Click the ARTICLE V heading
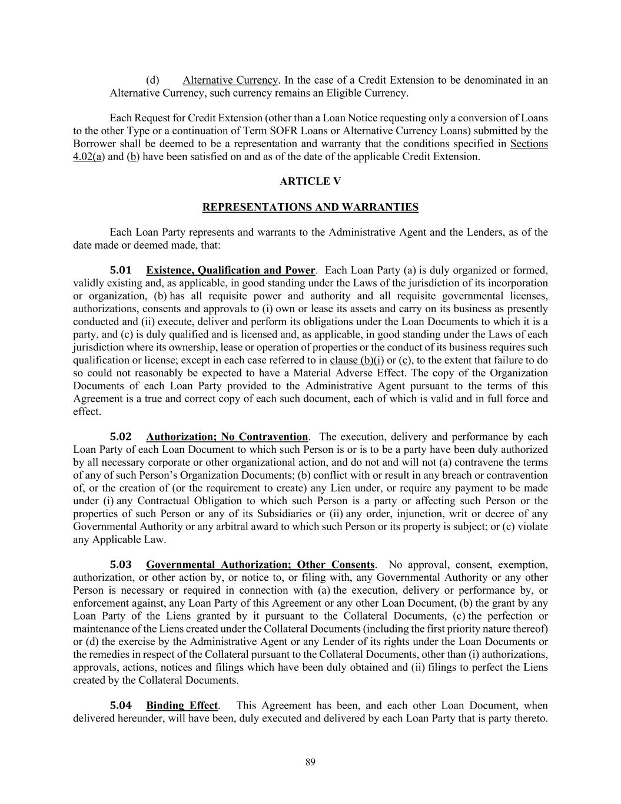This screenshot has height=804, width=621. coord(310,181)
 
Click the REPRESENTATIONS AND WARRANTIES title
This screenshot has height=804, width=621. coord(310,207)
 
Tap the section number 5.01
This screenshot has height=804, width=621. coord(121,270)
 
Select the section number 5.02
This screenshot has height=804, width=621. coord(121,437)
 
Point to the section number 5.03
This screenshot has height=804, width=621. coord(121,565)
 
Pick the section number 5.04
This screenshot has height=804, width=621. coord(121,706)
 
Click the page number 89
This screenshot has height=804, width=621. coord(310,763)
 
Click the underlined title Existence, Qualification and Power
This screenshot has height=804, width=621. coord(231,270)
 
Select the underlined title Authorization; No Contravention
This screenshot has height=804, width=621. coord(227,437)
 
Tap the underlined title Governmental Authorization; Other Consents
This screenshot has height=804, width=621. coord(260,565)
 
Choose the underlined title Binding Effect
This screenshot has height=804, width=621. coord(182,706)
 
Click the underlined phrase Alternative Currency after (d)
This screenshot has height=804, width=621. coord(230,80)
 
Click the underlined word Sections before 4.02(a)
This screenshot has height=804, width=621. coord(529,144)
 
